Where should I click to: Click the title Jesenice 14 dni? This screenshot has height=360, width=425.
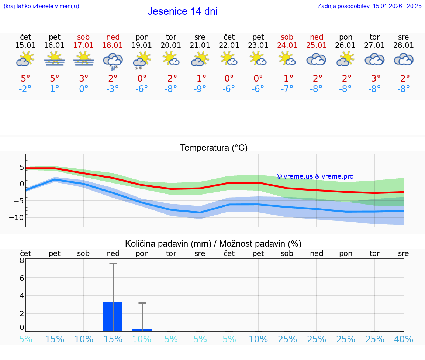tap(182, 11)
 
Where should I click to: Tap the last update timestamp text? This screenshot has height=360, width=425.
tap(369, 6)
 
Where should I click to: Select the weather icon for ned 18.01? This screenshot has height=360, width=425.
tap(113, 60)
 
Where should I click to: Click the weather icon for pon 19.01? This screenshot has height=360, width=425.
tap(142, 60)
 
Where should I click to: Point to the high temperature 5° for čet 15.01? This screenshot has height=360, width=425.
tap(25, 78)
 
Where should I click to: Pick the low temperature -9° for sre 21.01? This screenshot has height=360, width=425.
tap(200, 89)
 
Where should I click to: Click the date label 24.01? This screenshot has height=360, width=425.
tap(287, 45)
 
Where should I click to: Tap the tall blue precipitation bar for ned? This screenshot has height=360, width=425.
tap(113, 316)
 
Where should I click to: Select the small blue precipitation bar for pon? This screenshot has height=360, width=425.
tap(142, 330)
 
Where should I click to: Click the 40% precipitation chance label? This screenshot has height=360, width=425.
tap(404, 339)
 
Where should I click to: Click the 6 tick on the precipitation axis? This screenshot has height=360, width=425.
tap(22, 278)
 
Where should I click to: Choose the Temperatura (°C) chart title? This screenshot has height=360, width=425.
tap(214, 148)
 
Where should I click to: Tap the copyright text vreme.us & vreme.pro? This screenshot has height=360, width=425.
tap(315, 176)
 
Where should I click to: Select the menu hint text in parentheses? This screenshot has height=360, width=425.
tap(41, 6)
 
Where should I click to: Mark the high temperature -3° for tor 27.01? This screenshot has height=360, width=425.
tap(374, 78)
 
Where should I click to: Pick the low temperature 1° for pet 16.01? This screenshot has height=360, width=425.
tap(55, 89)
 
